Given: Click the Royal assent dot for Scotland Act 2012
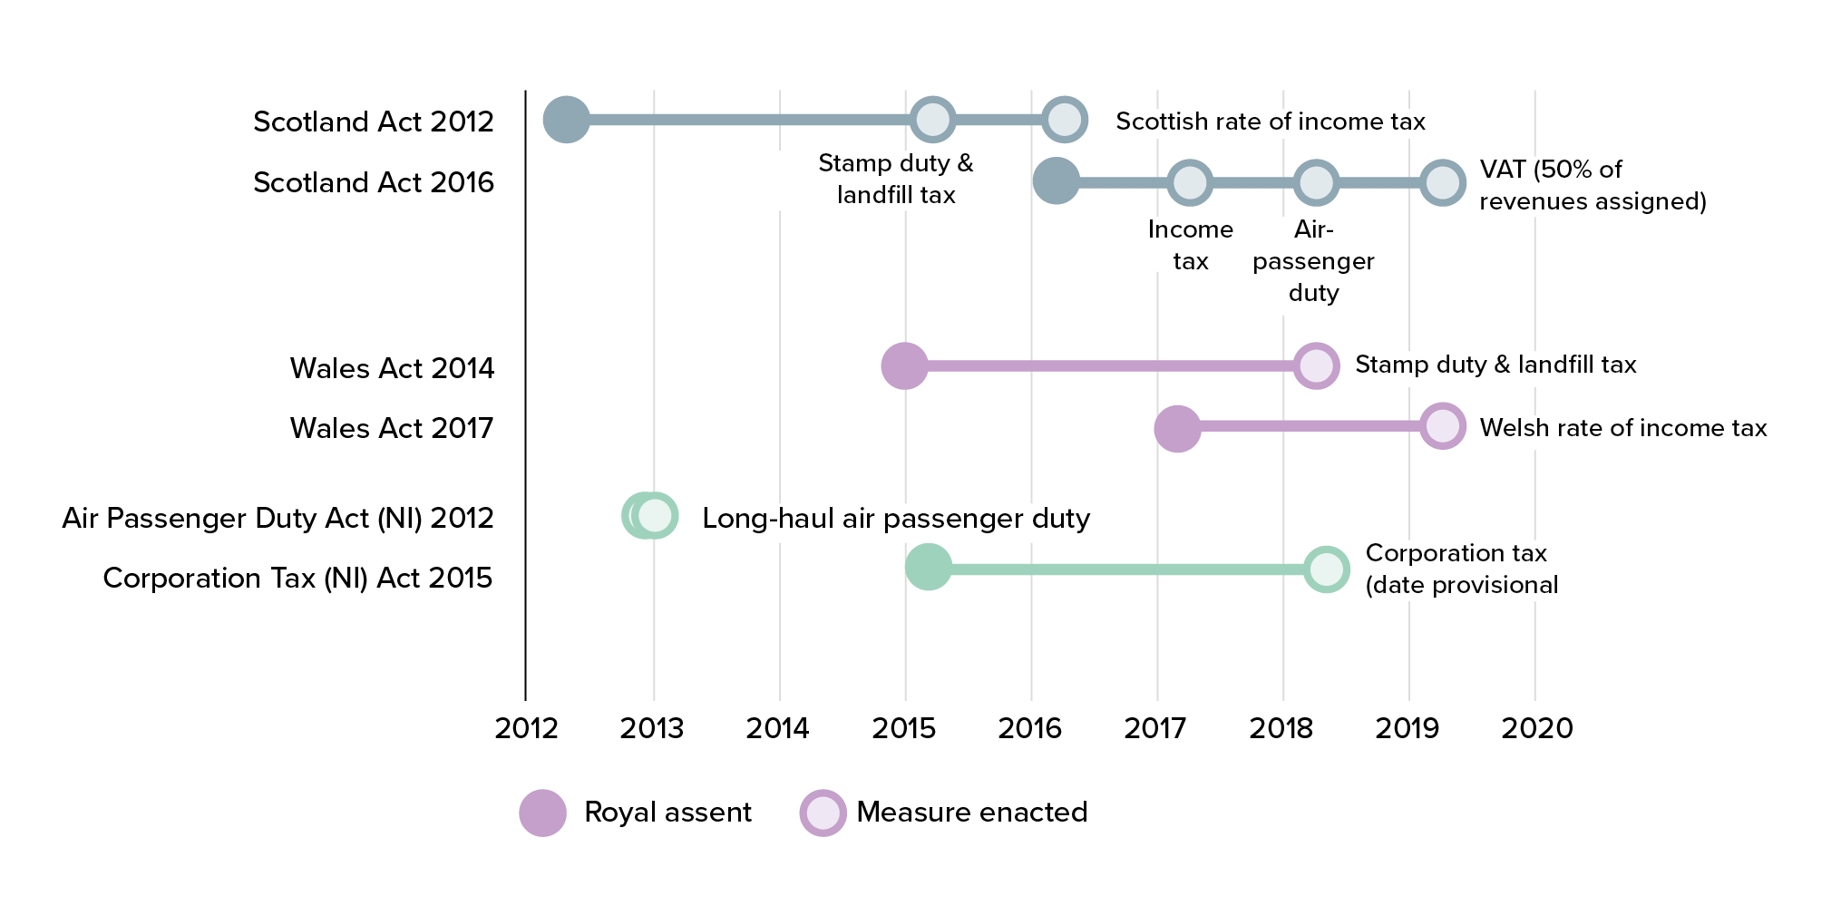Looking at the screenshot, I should pyautogui.click(x=567, y=120).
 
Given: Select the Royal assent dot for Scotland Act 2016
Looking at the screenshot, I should pyautogui.click(x=1057, y=180).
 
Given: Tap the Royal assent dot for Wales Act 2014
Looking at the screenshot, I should pyautogui.click(x=904, y=366).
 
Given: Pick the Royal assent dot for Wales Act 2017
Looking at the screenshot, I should pyautogui.click(x=1177, y=428).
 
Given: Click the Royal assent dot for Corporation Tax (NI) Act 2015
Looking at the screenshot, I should pyautogui.click(x=929, y=568).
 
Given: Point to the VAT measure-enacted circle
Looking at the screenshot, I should pyautogui.click(x=1442, y=183).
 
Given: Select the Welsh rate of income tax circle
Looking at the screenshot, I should pyautogui.click(x=1442, y=426).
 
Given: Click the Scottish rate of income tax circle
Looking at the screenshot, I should pyautogui.click(x=1064, y=120).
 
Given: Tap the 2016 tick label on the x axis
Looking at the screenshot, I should pyautogui.click(x=1030, y=728).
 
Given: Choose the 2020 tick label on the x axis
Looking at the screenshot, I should pyautogui.click(x=1536, y=728).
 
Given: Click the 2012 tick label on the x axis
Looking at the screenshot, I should pyautogui.click(x=526, y=728).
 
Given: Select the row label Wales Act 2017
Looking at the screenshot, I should pyautogui.click(x=392, y=428).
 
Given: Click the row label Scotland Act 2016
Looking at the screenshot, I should pyautogui.click(x=374, y=182).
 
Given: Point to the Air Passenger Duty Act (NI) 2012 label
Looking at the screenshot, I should pyautogui.click(x=278, y=518).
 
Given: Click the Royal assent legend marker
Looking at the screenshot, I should pyautogui.click(x=542, y=813).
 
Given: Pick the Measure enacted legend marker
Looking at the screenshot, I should pyautogui.click(x=823, y=813).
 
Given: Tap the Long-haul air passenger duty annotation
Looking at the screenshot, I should pyautogui.click(x=896, y=518).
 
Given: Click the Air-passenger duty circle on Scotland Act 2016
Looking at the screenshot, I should pyautogui.click(x=1316, y=183).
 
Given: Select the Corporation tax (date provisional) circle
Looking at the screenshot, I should pyautogui.click(x=1326, y=569).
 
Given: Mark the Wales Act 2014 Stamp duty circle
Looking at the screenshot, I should pyautogui.click(x=1315, y=366).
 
